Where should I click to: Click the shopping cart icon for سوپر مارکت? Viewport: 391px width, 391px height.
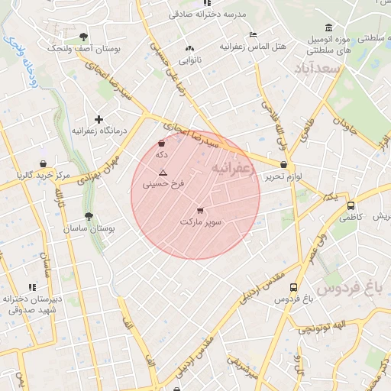200,210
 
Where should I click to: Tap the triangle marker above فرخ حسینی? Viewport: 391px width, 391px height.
163,173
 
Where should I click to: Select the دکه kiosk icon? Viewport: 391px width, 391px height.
161,144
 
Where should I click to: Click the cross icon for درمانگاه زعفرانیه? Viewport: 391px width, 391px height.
99,119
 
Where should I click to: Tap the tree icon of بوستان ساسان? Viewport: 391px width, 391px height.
89,217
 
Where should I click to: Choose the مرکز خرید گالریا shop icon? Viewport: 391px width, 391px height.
43,163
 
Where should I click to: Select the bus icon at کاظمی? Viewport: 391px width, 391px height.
351,205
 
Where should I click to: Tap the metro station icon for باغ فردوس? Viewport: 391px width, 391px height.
294,288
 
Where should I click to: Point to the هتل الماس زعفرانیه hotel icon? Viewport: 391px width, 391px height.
253,34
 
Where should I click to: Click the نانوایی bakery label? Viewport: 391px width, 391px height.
189,60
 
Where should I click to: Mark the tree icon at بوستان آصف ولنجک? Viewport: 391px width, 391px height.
83,37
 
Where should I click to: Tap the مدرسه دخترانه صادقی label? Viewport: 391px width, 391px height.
196,14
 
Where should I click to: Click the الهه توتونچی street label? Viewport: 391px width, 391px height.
323,328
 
